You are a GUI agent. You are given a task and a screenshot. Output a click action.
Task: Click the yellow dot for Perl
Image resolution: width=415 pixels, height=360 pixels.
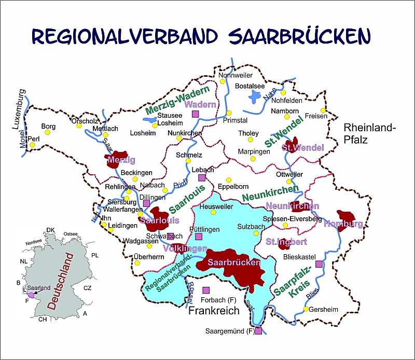click(32, 145)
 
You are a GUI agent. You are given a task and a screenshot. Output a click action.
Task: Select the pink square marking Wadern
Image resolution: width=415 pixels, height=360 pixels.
click(196, 114)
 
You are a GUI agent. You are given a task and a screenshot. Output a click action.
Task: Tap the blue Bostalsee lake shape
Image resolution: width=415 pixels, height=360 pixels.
click(255, 96)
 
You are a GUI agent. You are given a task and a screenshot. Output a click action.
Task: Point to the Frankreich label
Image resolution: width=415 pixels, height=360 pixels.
click(214, 311)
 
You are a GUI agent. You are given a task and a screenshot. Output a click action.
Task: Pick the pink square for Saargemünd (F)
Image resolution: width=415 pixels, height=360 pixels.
click(258, 330)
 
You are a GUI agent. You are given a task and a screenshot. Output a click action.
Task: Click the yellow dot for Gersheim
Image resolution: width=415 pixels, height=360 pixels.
click(306, 310)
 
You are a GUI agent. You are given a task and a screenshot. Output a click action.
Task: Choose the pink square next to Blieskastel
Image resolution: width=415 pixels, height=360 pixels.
click(319, 264)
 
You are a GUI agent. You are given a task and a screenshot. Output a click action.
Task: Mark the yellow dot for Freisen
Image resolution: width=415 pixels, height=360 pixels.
click(323, 110)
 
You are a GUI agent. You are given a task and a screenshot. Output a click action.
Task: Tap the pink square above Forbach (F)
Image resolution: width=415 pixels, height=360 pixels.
click(206, 289)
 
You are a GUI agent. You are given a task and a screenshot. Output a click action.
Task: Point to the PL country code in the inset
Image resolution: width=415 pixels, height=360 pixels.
click(94, 256)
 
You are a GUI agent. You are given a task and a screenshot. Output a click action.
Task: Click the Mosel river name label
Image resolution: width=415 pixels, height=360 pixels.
click(21, 138)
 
